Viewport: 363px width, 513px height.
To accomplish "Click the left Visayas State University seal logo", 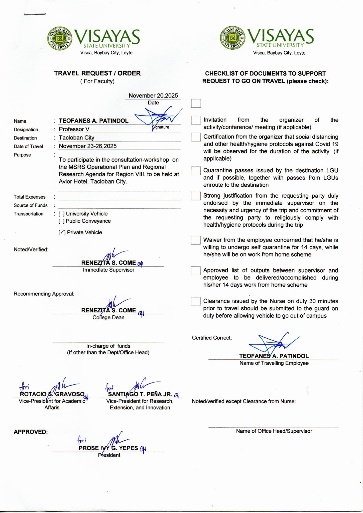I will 60,39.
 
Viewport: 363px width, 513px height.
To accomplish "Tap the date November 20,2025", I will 153,96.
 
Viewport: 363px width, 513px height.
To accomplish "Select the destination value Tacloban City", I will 76,138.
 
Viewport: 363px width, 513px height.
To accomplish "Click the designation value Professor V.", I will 75,129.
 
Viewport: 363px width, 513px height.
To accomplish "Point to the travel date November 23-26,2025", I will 88,146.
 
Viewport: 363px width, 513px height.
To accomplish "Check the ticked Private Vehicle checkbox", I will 62,232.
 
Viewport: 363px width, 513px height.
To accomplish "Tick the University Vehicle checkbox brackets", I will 62,214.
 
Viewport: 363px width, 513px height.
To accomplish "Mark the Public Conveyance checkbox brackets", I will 62,221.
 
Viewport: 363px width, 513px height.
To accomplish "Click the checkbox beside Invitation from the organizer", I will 196,120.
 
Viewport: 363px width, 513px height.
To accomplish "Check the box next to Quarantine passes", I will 196,171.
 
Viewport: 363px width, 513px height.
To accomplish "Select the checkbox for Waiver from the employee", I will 196,240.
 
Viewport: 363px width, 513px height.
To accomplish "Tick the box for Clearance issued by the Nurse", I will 196,301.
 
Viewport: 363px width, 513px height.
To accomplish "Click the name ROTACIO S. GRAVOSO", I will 52,394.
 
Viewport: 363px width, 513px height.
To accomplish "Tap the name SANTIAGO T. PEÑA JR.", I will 140,394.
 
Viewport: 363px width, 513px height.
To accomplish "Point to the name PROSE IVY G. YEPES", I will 108,448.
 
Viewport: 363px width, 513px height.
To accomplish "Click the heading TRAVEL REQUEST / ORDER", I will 97,73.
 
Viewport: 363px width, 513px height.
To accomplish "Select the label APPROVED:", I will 31,432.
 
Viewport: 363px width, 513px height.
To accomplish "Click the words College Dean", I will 108,317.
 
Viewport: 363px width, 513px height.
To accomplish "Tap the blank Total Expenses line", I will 119,197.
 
